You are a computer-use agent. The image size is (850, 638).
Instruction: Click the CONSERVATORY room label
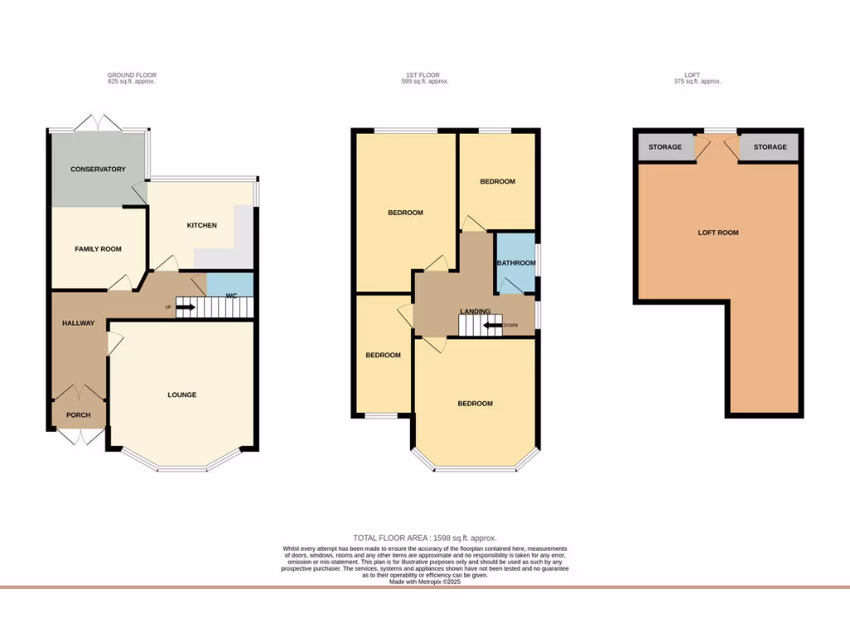[x=98, y=169]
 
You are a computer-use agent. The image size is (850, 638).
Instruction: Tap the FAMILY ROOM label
[x=98, y=249]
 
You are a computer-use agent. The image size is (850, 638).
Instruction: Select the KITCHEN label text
[x=202, y=225]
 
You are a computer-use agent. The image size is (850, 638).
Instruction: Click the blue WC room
[x=228, y=285]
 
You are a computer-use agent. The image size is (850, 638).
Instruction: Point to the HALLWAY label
[x=78, y=323]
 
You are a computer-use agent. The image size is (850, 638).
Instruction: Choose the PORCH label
[x=78, y=415]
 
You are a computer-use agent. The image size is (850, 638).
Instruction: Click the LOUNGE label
[x=182, y=395]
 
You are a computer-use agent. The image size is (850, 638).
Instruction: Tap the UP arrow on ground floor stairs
[x=184, y=307]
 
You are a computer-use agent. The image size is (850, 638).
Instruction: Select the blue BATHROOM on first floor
[x=515, y=263]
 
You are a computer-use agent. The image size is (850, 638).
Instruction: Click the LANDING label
[x=476, y=312]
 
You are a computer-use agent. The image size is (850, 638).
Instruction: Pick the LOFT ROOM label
[x=718, y=233]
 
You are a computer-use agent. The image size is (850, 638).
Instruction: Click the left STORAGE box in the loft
[x=665, y=147]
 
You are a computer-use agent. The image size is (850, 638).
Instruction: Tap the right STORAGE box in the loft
[x=769, y=147]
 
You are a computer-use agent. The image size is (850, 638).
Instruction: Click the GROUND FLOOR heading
[x=132, y=76]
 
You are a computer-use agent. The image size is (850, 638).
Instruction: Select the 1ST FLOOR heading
[x=425, y=76]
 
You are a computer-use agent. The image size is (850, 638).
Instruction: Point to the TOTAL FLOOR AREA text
[x=425, y=538]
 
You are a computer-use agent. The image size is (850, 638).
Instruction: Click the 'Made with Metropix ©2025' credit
[x=425, y=582]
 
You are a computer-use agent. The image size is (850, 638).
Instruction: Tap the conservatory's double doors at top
[x=98, y=125]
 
